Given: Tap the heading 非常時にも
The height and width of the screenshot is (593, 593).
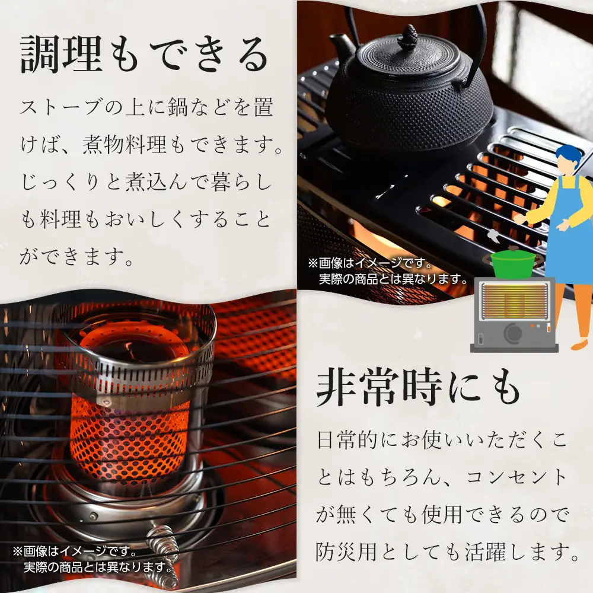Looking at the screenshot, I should coord(417,390).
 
